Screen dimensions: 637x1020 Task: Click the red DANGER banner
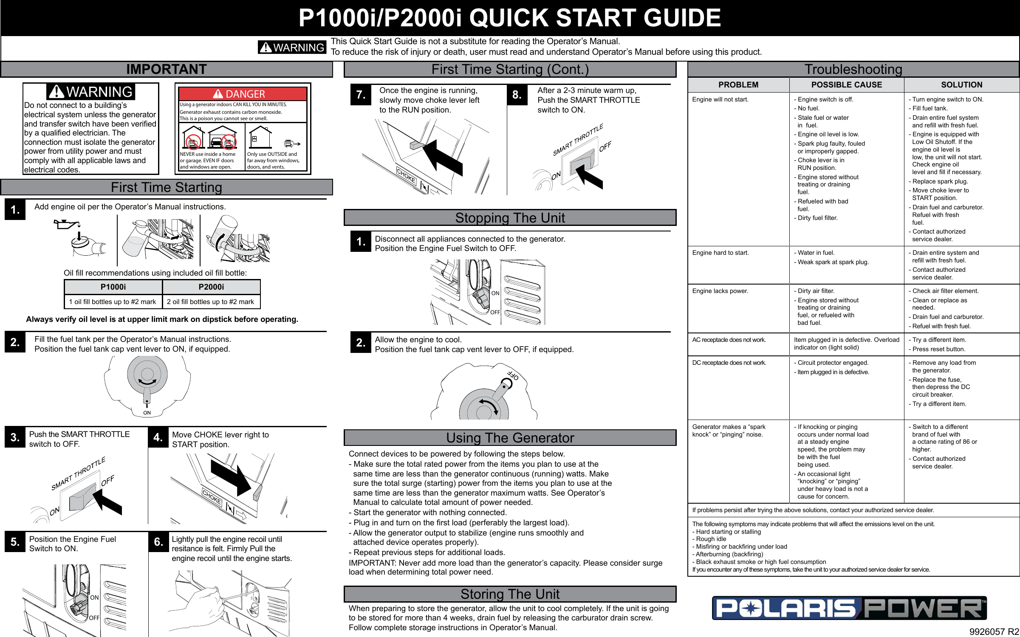click(x=243, y=94)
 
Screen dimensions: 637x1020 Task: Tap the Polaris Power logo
click(x=849, y=608)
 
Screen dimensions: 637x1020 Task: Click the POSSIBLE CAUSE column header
click(x=846, y=85)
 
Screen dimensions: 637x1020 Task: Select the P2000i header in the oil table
click(x=211, y=287)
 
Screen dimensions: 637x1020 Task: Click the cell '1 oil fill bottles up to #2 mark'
click(x=113, y=302)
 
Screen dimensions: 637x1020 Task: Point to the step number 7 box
click(x=360, y=95)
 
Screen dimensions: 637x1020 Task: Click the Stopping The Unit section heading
click(x=510, y=218)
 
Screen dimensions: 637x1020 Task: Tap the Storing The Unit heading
click(x=510, y=594)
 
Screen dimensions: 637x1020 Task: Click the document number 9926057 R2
click(x=994, y=631)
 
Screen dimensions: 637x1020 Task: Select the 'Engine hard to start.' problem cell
click(x=720, y=253)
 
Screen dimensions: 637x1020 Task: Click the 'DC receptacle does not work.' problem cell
click(x=729, y=363)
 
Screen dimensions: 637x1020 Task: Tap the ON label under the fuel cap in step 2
click(x=147, y=413)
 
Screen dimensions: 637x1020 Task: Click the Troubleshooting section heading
click(x=853, y=69)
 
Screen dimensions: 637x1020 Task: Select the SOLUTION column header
click(x=961, y=85)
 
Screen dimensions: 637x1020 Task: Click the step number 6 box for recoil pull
click(x=158, y=542)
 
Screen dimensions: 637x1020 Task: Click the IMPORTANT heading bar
click(x=166, y=69)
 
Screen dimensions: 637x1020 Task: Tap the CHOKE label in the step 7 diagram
click(x=406, y=175)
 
